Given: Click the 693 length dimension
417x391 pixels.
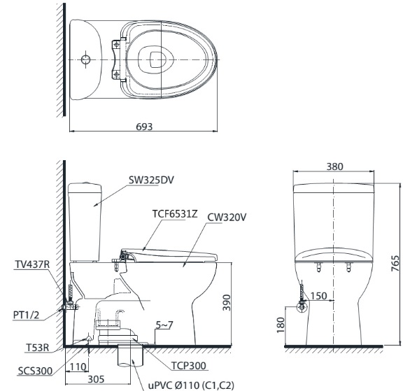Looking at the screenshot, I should click(x=145, y=124).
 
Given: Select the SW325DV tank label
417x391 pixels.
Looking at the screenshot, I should click(x=150, y=179).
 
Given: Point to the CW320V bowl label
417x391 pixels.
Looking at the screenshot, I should click(x=227, y=218).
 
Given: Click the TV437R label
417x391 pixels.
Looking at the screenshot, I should click(x=31, y=265).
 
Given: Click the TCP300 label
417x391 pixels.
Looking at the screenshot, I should click(x=188, y=365).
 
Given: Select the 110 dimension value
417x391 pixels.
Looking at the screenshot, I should click(x=78, y=366).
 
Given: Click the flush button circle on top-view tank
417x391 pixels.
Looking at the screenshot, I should click(x=85, y=59).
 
